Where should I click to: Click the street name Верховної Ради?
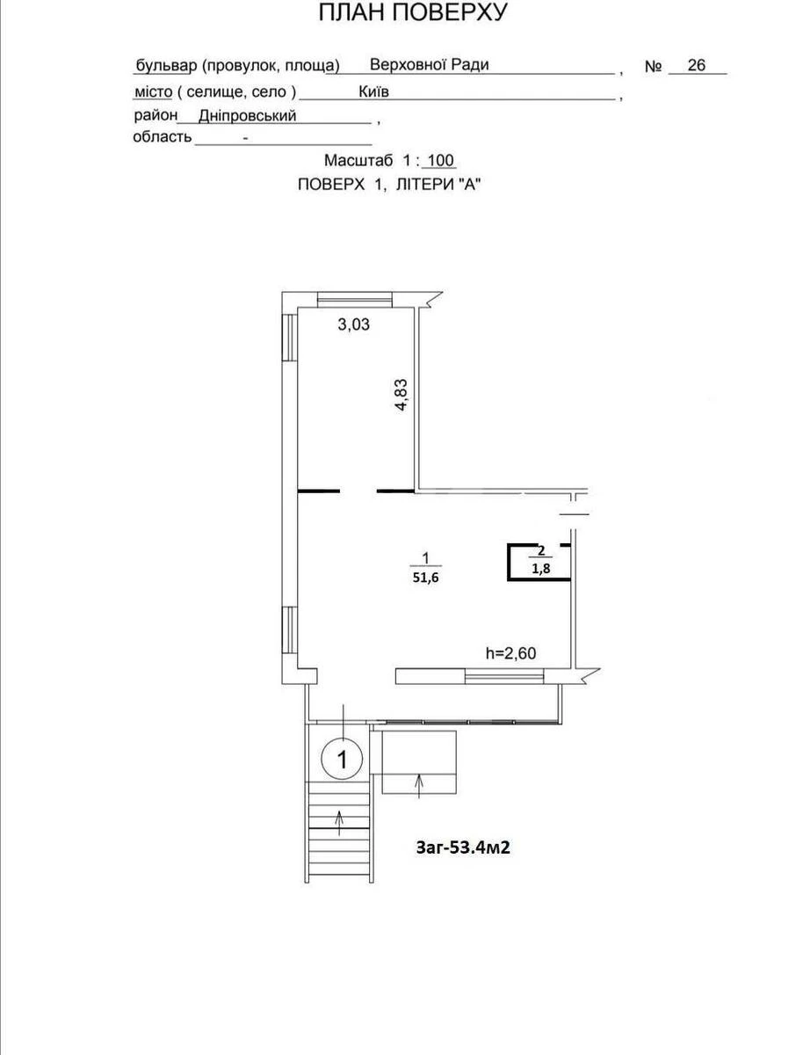point(429,65)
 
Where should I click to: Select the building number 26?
point(697,65)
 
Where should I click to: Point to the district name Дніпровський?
point(247,115)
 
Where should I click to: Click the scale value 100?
point(439,162)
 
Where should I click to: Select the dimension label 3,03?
point(354,324)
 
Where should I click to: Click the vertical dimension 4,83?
point(402,395)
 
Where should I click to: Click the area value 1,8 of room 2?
point(540,568)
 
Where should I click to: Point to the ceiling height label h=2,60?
point(510,653)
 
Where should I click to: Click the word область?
point(162,137)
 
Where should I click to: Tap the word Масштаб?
point(359,162)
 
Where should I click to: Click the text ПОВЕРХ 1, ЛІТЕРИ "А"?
point(391,185)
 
